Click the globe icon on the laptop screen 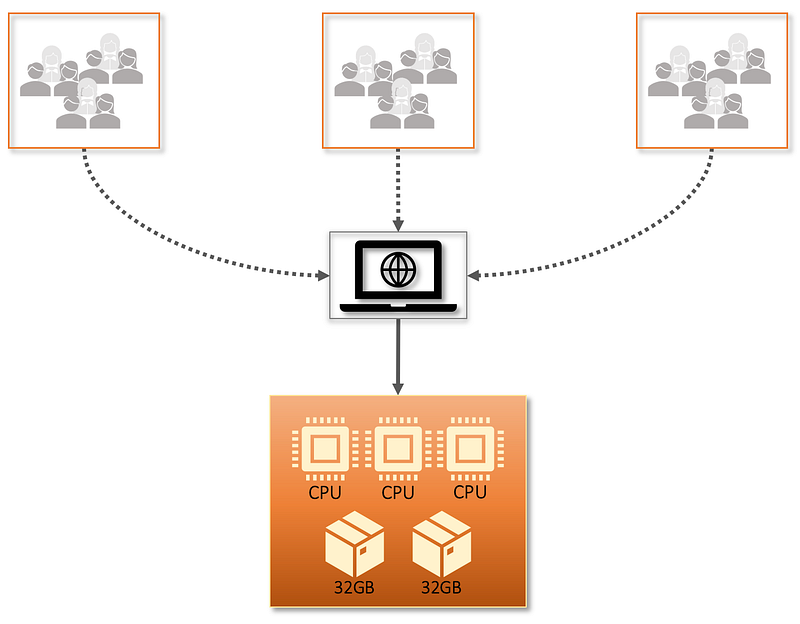pos(398,269)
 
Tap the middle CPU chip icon pos(398,448)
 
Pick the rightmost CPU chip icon pos(470,448)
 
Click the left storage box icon pos(355,545)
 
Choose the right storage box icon pos(442,545)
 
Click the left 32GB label pos(355,587)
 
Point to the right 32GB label pos(441,587)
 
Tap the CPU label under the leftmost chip pos(324,492)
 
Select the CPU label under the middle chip pos(398,492)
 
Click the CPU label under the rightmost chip pos(470,492)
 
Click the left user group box pos(84,81)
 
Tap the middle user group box pos(398,81)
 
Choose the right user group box pos(712,81)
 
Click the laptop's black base pos(398,307)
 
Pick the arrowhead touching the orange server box pos(398,388)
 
